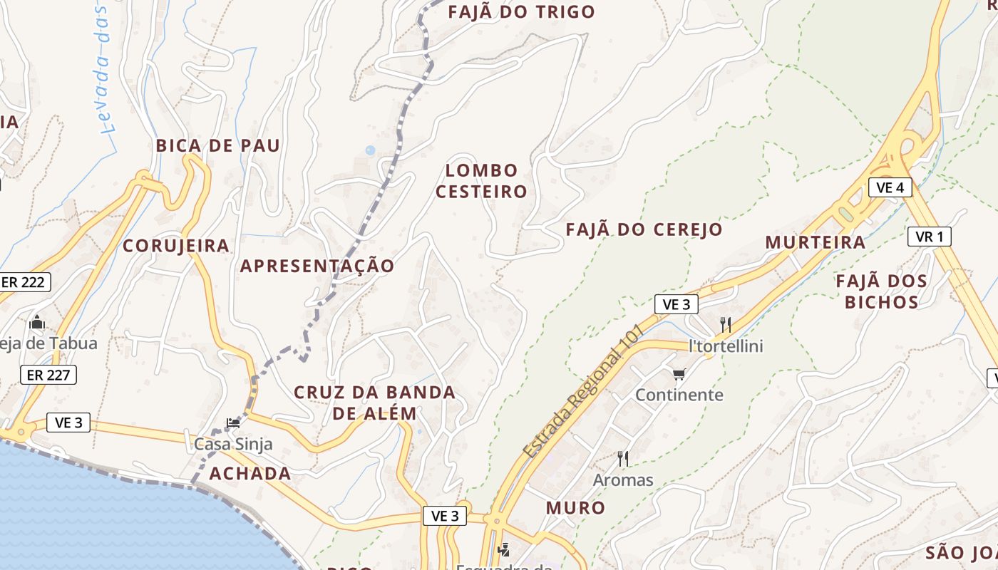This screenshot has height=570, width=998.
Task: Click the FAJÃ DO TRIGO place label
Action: pos(522,12)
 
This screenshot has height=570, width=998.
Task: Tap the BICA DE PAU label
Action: pos(218,145)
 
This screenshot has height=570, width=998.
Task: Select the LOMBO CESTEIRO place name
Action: pos(481,181)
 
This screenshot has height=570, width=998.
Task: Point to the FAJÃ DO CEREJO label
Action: pos(644,229)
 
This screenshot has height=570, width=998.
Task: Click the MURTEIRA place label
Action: pos(815,242)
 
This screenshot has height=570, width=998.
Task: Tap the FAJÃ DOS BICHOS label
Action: pos(881,291)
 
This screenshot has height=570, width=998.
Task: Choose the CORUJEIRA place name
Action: pos(176,246)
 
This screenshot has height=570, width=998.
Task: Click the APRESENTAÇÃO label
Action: pos(317,266)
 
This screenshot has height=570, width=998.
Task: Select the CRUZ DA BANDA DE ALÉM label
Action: pos(374,403)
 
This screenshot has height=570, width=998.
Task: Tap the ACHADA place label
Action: pos(249,473)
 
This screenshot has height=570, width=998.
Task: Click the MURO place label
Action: pos(575,507)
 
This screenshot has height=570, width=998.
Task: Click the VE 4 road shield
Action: pos(890,187)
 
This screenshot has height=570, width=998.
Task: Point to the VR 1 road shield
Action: pos(929,237)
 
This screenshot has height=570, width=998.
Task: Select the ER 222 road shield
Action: pos(23,282)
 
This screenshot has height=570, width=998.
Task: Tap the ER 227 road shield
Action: pos(48,374)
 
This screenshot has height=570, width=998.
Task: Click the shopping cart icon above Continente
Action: pos(679,374)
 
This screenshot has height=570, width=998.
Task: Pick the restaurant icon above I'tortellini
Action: pos(726,325)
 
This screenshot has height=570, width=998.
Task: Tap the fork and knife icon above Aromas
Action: pos(623,458)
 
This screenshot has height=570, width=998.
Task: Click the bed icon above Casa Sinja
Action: pos(233,423)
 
